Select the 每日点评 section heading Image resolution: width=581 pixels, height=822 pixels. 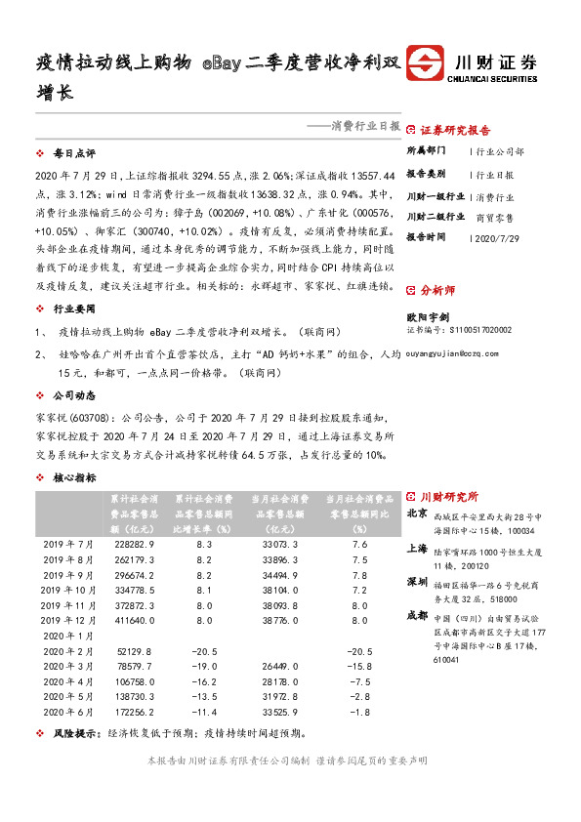click(74, 154)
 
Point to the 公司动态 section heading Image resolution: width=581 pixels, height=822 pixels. click(74, 397)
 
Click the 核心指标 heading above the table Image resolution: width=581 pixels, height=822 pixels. click(74, 477)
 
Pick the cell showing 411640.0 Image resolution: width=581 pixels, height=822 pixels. click(134, 620)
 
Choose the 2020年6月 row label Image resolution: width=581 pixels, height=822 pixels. click(72, 714)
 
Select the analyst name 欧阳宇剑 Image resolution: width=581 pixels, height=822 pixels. click(430, 316)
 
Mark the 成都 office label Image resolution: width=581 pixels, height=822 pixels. click(417, 615)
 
